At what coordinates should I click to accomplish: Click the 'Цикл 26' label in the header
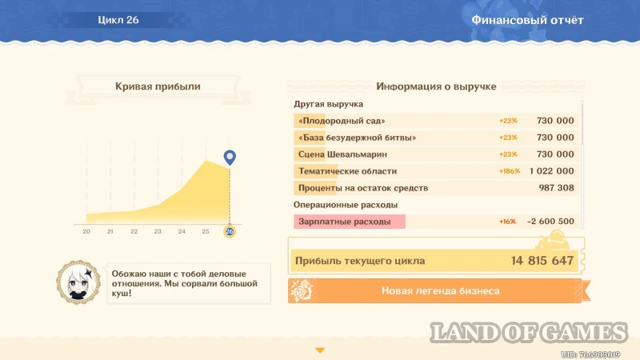click(118, 20)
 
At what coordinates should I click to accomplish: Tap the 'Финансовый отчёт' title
click(527, 20)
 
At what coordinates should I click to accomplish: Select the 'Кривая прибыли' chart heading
click(158, 86)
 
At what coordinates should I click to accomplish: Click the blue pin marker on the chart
click(230, 157)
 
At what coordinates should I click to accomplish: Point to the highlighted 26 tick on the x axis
click(230, 231)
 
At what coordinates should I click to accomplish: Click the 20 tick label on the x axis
click(86, 231)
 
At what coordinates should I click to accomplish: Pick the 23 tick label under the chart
click(158, 231)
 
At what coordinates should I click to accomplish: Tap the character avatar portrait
click(78, 282)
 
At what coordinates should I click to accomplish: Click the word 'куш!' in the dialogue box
click(122, 294)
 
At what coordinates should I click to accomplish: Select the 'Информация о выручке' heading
click(436, 86)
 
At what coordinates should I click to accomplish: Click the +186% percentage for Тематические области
click(510, 171)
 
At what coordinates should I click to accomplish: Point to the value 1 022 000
click(552, 171)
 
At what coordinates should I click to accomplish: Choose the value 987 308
click(556, 188)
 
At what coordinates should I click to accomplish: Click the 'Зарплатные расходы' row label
click(345, 222)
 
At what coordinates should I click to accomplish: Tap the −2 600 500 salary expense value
click(550, 222)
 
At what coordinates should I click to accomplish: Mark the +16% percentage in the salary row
click(507, 222)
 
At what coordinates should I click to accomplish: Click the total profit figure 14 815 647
click(542, 261)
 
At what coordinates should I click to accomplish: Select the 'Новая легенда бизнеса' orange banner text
click(441, 290)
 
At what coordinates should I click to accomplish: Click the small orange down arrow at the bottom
click(320, 350)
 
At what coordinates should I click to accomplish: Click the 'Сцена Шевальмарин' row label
click(342, 154)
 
